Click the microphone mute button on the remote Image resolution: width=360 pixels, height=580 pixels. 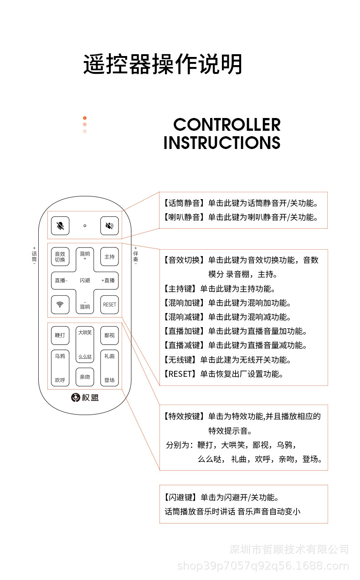click(x=60, y=226)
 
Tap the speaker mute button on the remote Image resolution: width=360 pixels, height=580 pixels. click(x=109, y=226)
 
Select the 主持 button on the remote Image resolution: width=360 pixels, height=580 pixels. click(x=109, y=257)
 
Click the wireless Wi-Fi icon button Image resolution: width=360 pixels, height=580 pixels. click(x=60, y=304)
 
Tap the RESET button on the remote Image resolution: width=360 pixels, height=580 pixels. click(x=109, y=304)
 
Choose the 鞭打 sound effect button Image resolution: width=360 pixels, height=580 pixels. click(x=60, y=335)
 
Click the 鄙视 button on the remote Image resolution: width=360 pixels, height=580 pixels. click(x=109, y=335)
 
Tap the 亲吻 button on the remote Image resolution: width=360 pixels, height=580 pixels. click(x=85, y=377)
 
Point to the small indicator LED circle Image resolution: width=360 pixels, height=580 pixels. click(x=85, y=226)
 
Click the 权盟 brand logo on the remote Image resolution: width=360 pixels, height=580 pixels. click(x=85, y=398)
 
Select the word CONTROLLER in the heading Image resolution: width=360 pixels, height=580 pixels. click(x=226, y=124)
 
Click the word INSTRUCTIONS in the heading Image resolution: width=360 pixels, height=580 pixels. click(x=221, y=143)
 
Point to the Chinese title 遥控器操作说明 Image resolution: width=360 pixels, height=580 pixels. click(x=162, y=64)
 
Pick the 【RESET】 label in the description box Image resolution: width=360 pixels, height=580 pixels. click(x=180, y=374)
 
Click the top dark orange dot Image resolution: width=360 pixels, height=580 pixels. click(x=85, y=118)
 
